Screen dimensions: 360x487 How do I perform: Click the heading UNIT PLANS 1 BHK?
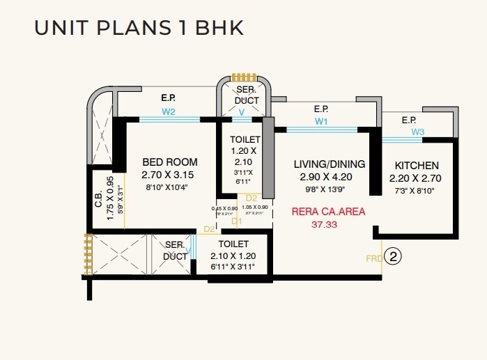[138, 29]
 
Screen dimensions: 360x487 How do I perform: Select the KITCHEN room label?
[417, 166]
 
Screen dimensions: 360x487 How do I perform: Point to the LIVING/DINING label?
[329, 164]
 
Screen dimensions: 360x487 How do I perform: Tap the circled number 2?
[394, 257]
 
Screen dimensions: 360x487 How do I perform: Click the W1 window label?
[320, 121]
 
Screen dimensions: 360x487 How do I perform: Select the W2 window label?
[169, 111]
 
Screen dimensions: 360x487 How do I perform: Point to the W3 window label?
[417, 132]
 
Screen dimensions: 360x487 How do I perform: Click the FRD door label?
[373, 258]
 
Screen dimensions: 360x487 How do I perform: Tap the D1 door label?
[236, 221]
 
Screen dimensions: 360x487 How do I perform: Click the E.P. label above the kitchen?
[409, 120]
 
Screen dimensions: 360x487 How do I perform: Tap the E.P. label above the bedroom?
[168, 97]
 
